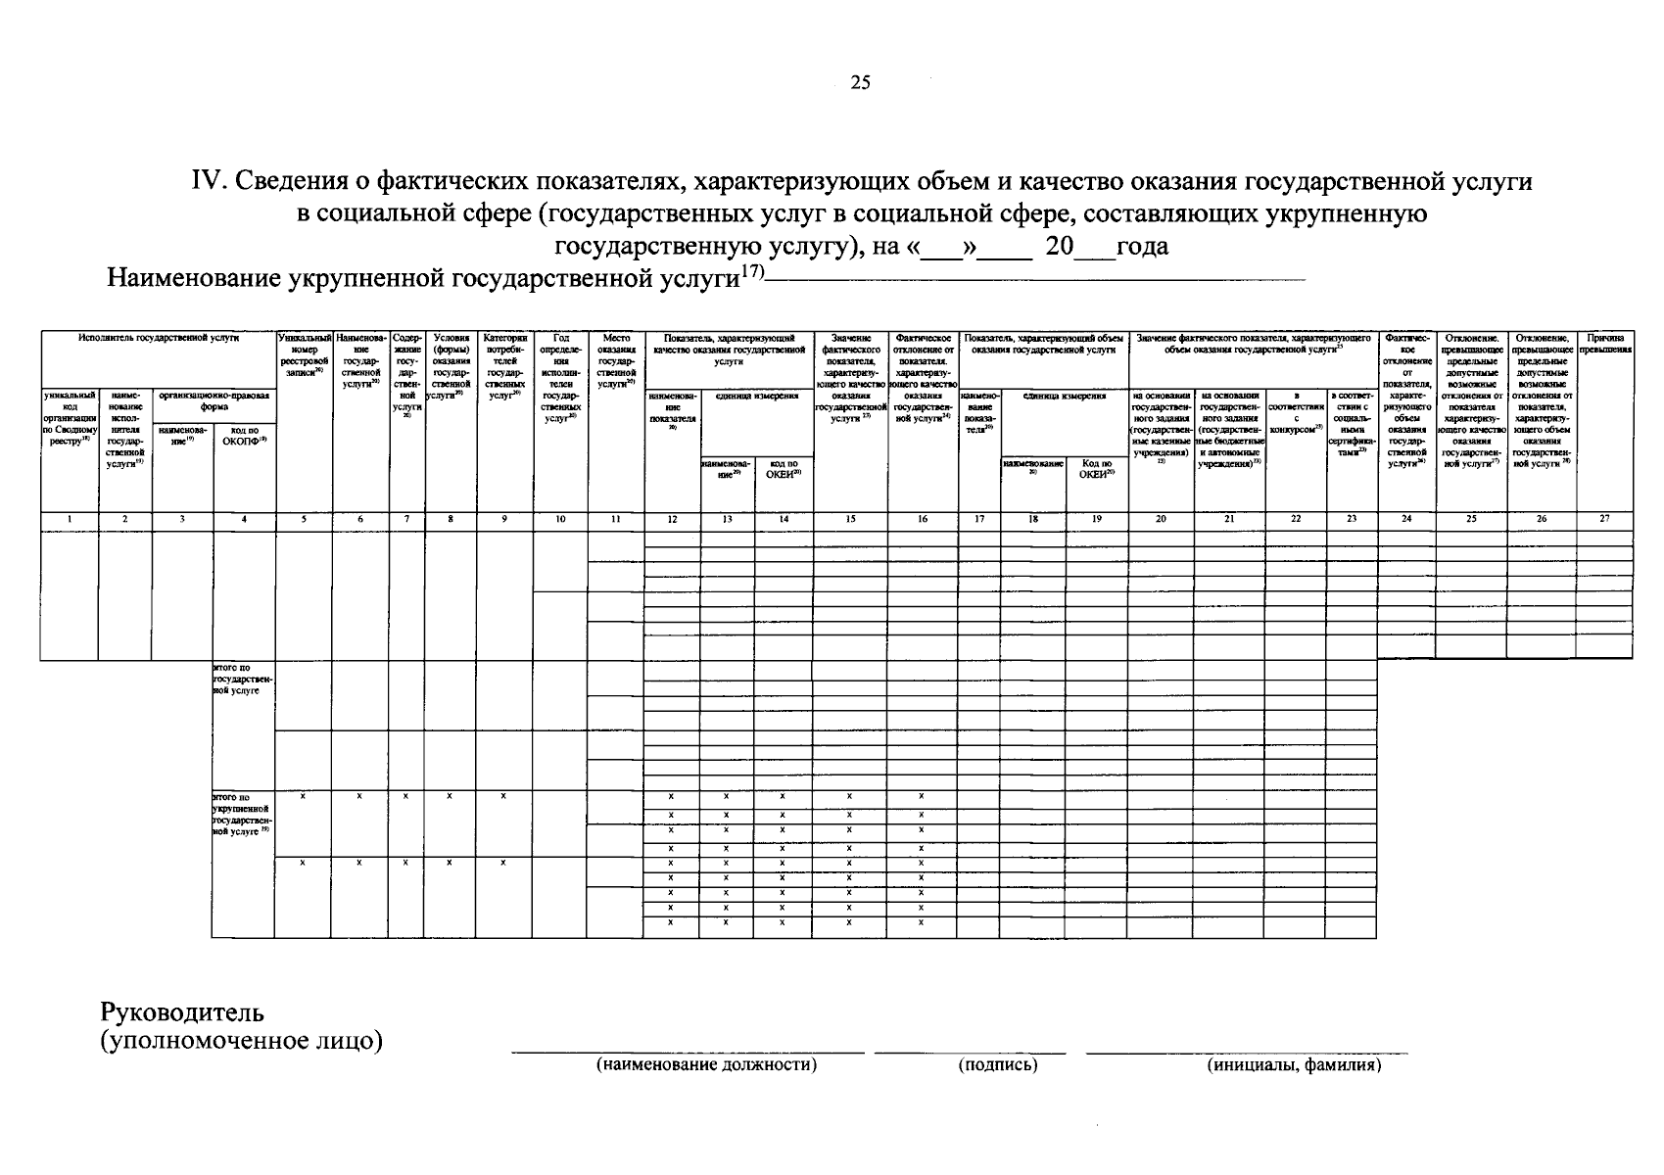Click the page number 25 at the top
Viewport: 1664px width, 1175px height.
pos(859,82)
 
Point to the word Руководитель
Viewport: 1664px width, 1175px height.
pos(183,1011)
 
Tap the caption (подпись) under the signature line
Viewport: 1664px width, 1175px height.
pos(997,1065)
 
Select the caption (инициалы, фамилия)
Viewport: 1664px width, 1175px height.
pos(1294,1065)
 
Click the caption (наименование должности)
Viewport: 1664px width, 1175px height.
pos(706,1065)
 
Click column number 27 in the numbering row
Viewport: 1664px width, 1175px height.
pos(1603,519)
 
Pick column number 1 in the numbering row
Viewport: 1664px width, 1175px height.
pos(69,520)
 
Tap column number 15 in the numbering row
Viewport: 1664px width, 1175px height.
pos(850,520)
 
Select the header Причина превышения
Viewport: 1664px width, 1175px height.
pos(1604,343)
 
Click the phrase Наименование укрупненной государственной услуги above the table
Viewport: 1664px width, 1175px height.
pos(421,279)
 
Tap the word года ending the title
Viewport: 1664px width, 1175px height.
pos(1142,246)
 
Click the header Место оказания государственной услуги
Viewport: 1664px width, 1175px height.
pos(615,360)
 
